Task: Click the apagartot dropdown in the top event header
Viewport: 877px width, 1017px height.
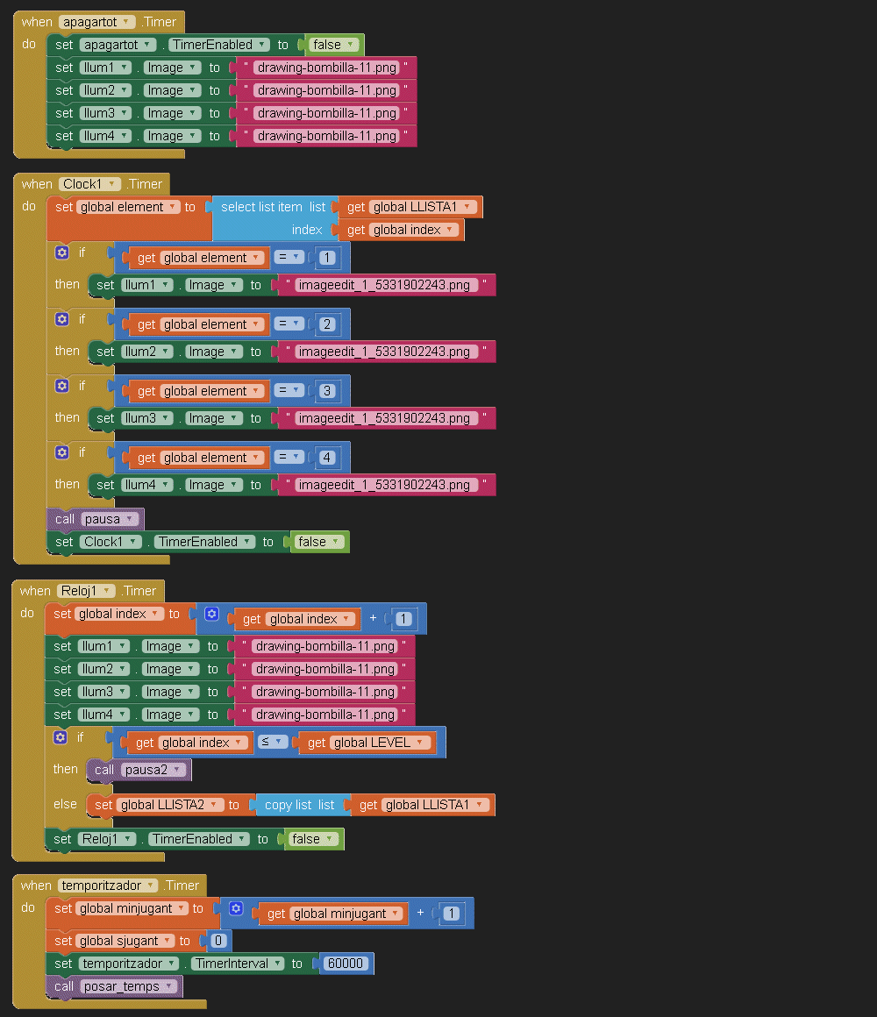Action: coord(96,22)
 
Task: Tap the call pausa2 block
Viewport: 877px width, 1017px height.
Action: coord(139,770)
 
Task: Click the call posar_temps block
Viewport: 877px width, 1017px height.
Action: coord(115,986)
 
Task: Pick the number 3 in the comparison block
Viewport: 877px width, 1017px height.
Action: coord(327,391)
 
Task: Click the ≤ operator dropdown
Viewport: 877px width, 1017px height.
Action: coord(273,743)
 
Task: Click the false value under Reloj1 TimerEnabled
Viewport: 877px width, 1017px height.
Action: coord(311,839)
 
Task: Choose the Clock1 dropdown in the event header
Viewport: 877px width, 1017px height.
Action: coord(89,184)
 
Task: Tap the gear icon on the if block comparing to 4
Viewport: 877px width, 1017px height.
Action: coord(61,452)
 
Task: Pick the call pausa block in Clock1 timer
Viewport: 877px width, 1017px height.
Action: coord(95,519)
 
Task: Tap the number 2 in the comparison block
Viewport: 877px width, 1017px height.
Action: coord(327,324)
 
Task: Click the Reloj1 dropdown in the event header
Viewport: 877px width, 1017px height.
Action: coord(88,591)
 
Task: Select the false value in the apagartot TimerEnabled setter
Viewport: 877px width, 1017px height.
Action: coord(332,45)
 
